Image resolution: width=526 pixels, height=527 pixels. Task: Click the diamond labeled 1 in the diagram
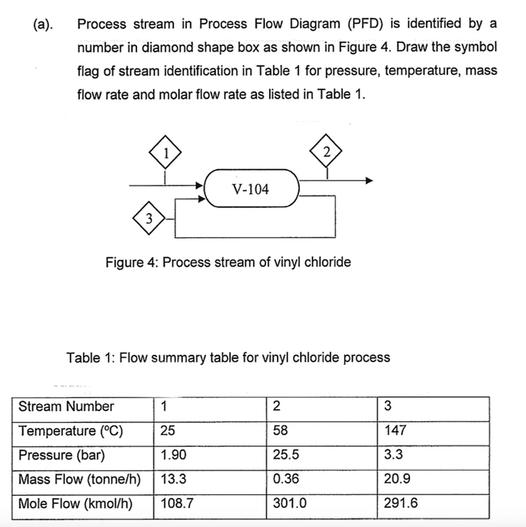(165, 152)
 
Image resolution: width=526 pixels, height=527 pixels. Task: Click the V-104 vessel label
(250, 190)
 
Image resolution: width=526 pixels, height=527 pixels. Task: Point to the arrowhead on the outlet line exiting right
(368, 181)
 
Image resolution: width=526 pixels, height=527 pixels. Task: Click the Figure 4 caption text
(228, 262)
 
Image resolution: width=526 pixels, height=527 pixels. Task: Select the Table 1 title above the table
(228, 357)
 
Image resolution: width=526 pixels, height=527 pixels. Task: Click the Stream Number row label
(66, 407)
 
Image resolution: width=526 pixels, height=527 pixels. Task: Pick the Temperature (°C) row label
(71, 431)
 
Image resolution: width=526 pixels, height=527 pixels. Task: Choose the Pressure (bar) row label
(62, 455)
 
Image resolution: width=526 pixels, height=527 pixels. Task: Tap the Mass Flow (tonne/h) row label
(80, 479)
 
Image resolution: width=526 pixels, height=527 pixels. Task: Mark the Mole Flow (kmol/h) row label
(76, 503)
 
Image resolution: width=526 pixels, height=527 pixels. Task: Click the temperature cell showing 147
(395, 431)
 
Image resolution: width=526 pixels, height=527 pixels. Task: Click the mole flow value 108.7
(177, 503)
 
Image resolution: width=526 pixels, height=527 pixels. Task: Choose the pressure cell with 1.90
(173, 455)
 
